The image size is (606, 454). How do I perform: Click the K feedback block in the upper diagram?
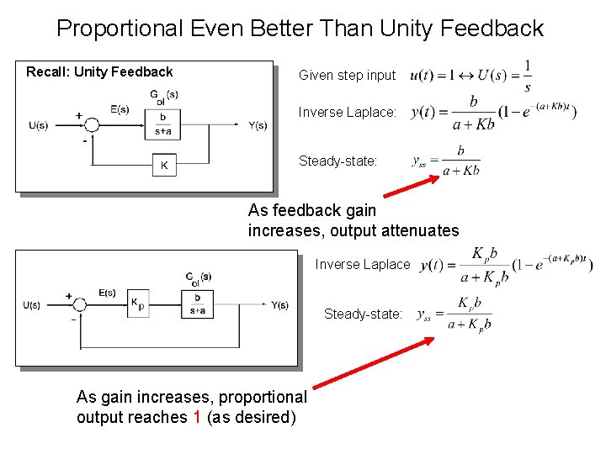(x=164, y=165)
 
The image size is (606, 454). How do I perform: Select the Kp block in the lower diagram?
(x=137, y=304)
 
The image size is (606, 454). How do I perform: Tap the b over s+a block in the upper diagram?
(x=162, y=123)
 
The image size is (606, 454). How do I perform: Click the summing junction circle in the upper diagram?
(x=93, y=125)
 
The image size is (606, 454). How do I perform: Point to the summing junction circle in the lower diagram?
(x=82, y=305)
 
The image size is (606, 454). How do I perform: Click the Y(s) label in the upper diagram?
(x=258, y=125)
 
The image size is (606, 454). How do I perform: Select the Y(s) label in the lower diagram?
(x=279, y=304)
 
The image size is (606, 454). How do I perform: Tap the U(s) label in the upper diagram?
(x=38, y=126)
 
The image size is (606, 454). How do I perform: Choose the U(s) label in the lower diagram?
(x=32, y=304)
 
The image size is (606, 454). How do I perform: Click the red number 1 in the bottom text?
(x=196, y=417)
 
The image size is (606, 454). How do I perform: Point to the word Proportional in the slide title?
(x=119, y=29)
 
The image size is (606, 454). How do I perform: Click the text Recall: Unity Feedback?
(x=99, y=72)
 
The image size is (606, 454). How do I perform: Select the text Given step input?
(x=347, y=75)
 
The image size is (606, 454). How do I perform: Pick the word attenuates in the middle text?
(x=420, y=230)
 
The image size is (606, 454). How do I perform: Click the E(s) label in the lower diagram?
(x=107, y=293)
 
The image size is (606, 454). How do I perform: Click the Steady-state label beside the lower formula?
(x=363, y=314)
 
